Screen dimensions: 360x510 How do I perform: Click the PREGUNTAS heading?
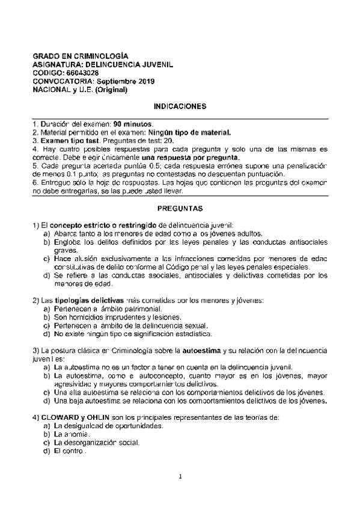[180, 208]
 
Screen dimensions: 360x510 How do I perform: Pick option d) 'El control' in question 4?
[72, 450]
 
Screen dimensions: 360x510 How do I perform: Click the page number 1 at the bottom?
[180, 494]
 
